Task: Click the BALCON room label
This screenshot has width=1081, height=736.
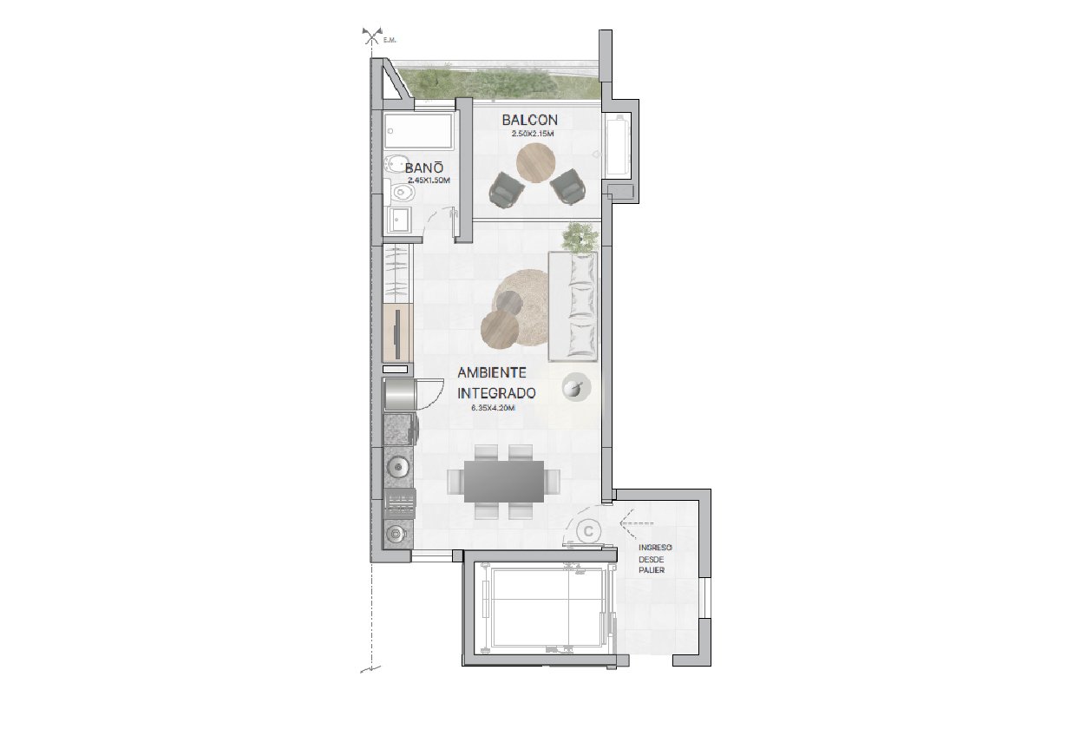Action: (529, 120)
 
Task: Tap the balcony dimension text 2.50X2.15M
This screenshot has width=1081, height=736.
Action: (533, 134)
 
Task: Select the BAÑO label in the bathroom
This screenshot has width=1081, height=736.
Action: (424, 168)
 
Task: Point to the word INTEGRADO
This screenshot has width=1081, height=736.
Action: (496, 393)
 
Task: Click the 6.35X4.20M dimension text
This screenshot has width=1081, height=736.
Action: (493, 408)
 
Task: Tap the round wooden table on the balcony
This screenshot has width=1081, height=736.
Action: (535, 162)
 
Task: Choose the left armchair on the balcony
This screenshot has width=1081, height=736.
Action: (507, 190)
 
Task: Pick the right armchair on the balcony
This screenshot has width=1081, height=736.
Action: (569, 187)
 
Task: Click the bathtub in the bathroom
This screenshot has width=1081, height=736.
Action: (419, 130)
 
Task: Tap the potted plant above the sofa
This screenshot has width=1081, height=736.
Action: (580, 238)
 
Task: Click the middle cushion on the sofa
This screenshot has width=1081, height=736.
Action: (581, 303)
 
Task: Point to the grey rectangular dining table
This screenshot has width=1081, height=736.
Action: (504, 481)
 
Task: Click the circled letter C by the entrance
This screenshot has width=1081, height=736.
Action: (588, 531)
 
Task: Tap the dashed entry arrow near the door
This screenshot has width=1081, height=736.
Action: (637, 523)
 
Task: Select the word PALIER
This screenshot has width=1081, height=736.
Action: (652, 570)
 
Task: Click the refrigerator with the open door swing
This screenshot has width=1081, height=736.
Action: (399, 396)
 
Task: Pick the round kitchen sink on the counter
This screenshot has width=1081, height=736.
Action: (398, 467)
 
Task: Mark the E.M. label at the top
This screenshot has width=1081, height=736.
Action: (390, 41)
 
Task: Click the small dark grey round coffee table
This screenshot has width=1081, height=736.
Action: (510, 303)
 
